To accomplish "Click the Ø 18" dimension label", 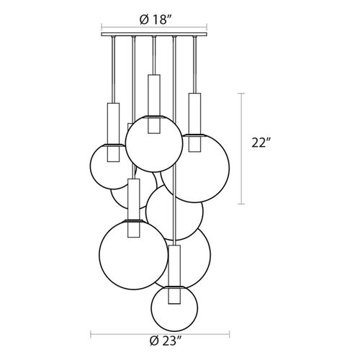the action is click(x=156, y=19).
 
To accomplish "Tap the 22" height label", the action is click(x=261, y=143).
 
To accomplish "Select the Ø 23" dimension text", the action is click(x=166, y=341).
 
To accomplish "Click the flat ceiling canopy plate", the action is click(x=154, y=35).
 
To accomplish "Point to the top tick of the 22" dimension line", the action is click(x=241, y=93).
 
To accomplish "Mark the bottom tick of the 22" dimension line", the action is click(x=241, y=204).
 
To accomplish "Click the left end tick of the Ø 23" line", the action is click(x=91, y=334).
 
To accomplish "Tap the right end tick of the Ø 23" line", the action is click(x=230, y=334).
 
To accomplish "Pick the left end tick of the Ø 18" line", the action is click(x=102, y=27).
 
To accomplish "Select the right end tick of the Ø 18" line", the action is click(x=207, y=27).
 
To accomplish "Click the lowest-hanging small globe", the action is click(x=174, y=308).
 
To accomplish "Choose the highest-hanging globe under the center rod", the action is click(x=154, y=144).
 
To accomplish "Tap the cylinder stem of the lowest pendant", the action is click(x=174, y=274).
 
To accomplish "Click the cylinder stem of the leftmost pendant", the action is click(x=113, y=132).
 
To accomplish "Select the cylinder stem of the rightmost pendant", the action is click(x=194, y=122).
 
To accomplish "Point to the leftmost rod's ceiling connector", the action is click(x=113, y=37).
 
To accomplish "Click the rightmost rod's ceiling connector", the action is click(x=194, y=37).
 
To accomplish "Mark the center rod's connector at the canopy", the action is click(x=154, y=37).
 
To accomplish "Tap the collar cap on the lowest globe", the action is click(x=174, y=287).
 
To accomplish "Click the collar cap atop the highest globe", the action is click(x=154, y=117).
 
